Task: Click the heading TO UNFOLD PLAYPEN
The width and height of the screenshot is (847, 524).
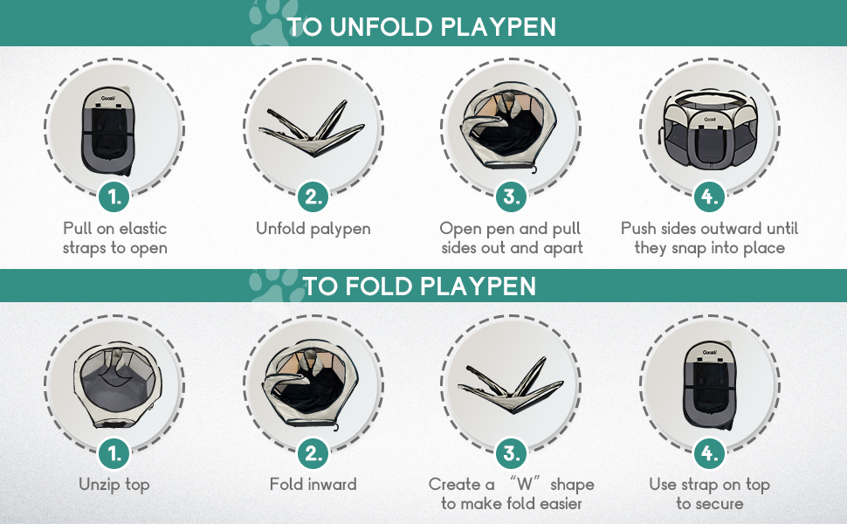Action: point(422,27)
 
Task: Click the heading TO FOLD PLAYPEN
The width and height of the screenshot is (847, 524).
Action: point(419,286)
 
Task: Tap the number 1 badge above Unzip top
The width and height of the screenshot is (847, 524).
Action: point(114,452)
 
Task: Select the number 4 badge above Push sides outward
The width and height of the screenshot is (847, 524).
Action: point(710,197)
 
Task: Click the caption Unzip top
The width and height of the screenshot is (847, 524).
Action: point(114,484)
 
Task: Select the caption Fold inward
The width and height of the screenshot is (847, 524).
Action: point(313,484)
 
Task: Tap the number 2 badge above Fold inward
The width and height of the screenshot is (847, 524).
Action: point(313,452)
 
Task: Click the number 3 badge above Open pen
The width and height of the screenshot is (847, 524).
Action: point(512,197)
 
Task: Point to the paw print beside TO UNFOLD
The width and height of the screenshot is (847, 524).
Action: point(265,24)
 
